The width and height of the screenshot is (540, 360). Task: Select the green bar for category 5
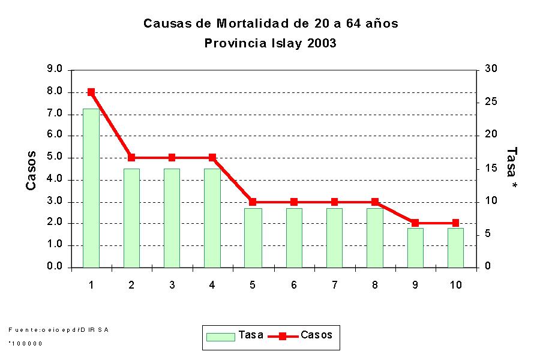pyautogui.click(x=253, y=238)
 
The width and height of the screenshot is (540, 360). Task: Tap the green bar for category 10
pyautogui.click(x=455, y=247)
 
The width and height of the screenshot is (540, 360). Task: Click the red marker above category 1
pyautogui.click(x=91, y=92)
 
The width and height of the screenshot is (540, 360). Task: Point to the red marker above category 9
pyautogui.click(x=415, y=223)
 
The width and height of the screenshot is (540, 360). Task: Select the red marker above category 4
pyautogui.click(x=212, y=158)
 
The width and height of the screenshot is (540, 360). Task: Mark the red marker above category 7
pyautogui.click(x=334, y=202)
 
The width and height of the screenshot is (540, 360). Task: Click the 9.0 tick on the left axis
pyautogui.click(x=55, y=70)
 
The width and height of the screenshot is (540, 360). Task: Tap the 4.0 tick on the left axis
pyautogui.click(x=55, y=179)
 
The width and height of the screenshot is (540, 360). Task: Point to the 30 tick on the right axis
pyautogui.click(x=490, y=70)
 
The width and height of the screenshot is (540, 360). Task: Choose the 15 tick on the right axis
pyautogui.click(x=490, y=169)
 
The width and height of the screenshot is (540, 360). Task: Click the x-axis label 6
pyautogui.click(x=293, y=285)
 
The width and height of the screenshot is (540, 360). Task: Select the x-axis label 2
pyautogui.click(x=131, y=285)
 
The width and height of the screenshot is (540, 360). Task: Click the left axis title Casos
pyautogui.click(x=31, y=171)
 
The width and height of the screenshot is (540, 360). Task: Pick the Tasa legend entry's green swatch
pyautogui.click(x=220, y=336)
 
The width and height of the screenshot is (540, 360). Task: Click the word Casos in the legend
pyautogui.click(x=316, y=335)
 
